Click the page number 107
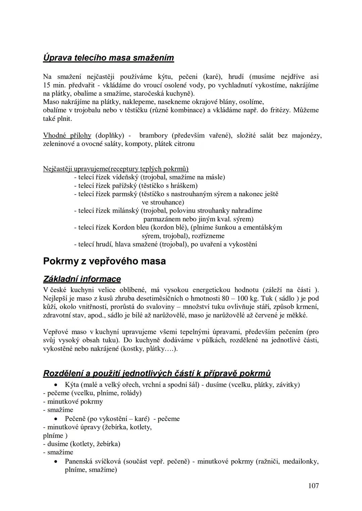pyautogui.click(x=313, y=486)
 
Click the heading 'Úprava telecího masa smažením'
pyautogui.click(x=109, y=58)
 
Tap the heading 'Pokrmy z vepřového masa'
pyautogui.click(x=104, y=261)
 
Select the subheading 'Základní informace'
pyautogui.click(x=82, y=279)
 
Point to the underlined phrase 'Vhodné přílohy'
pyautogui.click(x=67, y=136)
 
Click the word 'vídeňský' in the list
pyautogui.click(x=125, y=177)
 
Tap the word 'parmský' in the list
pyautogui.click(x=124, y=194)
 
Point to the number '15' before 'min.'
pyautogui.click(x=47, y=85)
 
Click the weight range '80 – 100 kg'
pyautogui.click(x=241, y=299)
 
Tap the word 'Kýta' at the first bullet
pyautogui.click(x=72, y=385)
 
